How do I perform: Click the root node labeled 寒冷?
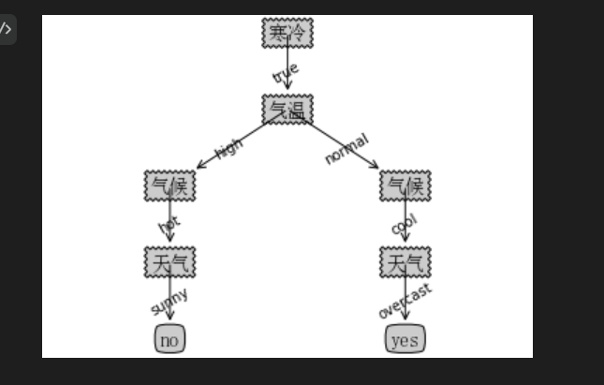(287, 33)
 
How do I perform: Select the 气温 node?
(287, 110)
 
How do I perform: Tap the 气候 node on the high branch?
(169, 185)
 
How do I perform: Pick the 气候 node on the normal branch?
(405, 185)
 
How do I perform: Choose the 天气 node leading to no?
(169, 262)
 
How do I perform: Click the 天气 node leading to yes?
(405, 262)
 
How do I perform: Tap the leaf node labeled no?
(169, 339)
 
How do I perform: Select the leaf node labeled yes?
(405, 339)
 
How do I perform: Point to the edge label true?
(285, 72)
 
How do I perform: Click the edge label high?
(228, 149)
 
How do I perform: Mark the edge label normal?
(346, 149)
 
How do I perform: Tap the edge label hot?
(169, 225)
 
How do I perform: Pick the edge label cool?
(404, 226)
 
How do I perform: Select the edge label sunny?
(169, 302)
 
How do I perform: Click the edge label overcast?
(405, 301)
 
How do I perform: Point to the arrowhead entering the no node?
(169, 318)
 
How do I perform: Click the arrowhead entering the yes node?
(405, 318)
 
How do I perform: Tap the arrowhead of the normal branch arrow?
(376, 167)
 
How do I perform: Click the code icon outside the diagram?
(6, 28)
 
